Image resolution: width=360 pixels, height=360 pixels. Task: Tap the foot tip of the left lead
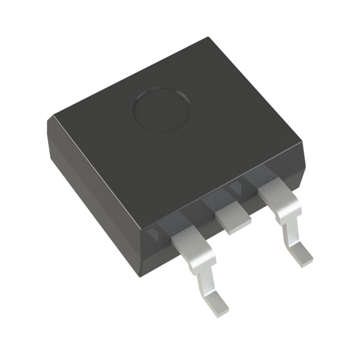coord(220,308)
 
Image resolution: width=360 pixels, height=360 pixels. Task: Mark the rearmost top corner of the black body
coord(208,38)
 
